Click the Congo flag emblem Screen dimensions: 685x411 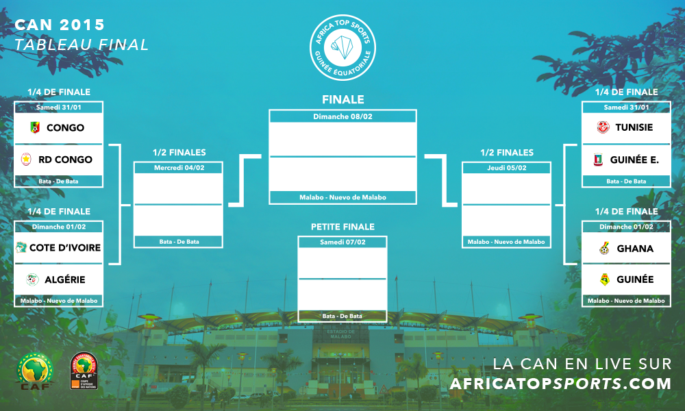(x=35, y=127)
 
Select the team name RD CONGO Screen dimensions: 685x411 (x=66, y=160)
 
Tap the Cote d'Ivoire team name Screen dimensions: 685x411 (x=65, y=248)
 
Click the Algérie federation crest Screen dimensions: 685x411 (x=32, y=279)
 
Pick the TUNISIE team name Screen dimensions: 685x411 (x=634, y=127)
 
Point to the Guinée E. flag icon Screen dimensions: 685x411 (x=598, y=160)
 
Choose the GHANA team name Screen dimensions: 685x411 (x=635, y=249)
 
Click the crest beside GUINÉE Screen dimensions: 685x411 (x=605, y=279)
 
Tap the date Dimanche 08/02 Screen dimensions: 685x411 (x=343, y=116)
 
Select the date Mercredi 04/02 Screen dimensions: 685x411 (x=179, y=168)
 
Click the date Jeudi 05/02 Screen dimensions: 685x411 (x=507, y=168)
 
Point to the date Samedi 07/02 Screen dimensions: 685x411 (x=342, y=242)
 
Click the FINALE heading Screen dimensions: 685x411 (x=343, y=99)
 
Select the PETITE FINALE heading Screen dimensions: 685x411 (x=343, y=227)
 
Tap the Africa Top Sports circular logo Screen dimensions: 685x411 (x=343, y=48)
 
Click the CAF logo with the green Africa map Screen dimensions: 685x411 (x=35, y=371)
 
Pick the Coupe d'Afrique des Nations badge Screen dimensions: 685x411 (x=84, y=371)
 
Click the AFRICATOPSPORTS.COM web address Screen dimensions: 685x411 (x=560, y=384)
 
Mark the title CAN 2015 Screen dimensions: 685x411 (x=60, y=25)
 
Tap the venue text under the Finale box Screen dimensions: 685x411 (x=343, y=197)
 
